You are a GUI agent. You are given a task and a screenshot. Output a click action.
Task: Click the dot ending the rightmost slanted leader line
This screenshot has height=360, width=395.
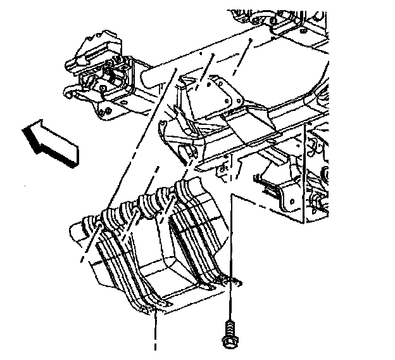(x=251, y=39)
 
